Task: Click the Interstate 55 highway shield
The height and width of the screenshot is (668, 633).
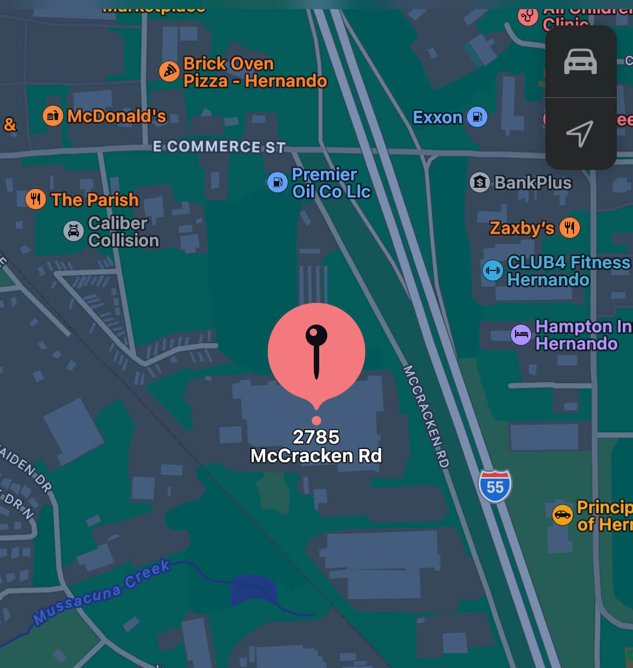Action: (495, 486)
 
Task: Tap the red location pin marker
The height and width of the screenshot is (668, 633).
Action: (316, 352)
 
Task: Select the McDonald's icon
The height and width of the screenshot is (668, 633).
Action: (53, 116)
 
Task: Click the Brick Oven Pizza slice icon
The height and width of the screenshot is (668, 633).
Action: (169, 71)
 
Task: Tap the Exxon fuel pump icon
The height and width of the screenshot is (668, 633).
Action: (477, 117)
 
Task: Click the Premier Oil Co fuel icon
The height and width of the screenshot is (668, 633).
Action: (278, 182)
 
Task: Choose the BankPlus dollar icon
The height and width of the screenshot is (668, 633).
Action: (479, 182)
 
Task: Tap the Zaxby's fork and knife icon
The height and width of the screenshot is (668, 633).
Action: (569, 228)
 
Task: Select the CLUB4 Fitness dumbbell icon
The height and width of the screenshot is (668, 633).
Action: (492, 270)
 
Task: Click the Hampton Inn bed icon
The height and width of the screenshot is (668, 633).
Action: (521, 334)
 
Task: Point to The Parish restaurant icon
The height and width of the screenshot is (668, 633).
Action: (36, 200)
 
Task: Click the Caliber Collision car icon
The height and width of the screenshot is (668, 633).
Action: (74, 232)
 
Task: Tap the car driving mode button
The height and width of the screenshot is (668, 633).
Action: (581, 62)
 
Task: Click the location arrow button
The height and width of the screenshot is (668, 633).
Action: (581, 134)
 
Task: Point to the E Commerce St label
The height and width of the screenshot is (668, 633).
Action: (219, 147)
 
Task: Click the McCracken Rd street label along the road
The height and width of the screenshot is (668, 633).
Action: (426, 416)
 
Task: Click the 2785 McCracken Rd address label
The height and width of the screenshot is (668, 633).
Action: (316, 446)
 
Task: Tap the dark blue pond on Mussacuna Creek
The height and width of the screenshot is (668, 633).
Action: (254, 591)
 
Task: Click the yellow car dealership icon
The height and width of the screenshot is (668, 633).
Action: (563, 514)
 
